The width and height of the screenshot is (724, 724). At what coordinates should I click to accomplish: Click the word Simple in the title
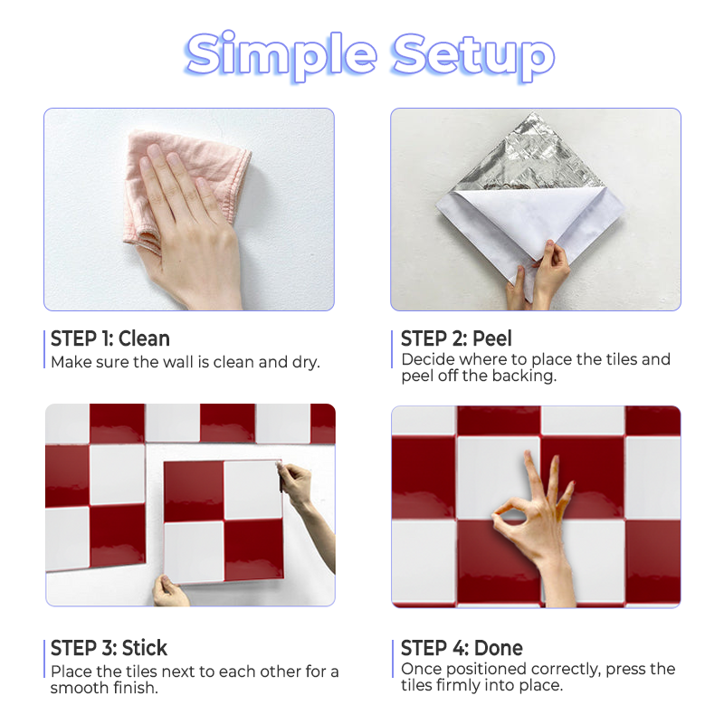[x=281, y=55]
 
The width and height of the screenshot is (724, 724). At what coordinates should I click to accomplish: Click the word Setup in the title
[x=472, y=56]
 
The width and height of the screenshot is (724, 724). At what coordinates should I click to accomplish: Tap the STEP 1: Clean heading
[x=110, y=338]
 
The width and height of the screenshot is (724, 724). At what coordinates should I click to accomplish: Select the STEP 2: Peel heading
[x=456, y=338]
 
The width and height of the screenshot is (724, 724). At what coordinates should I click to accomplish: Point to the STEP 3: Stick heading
[x=109, y=648]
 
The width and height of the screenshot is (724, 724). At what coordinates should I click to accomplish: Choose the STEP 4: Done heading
[x=462, y=648]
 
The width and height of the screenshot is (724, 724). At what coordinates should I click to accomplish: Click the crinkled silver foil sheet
[x=531, y=157]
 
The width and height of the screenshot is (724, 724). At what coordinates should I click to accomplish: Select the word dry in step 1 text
[x=306, y=363]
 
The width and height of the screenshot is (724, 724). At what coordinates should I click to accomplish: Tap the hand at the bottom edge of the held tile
[x=170, y=591]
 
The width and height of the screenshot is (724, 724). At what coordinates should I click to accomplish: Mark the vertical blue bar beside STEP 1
[x=44, y=349]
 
